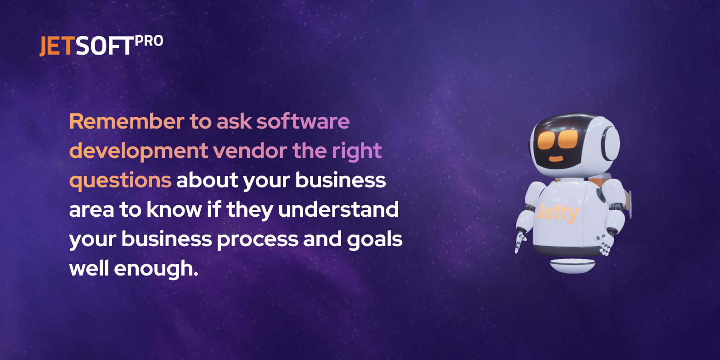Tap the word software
pyautogui.click(x=303, y=121)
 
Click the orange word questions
pyautogui.click(x=120, y=181)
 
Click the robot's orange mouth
pyautogui.click(x=556, y=158)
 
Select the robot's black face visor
pyautogui.click(x=558, y=142)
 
